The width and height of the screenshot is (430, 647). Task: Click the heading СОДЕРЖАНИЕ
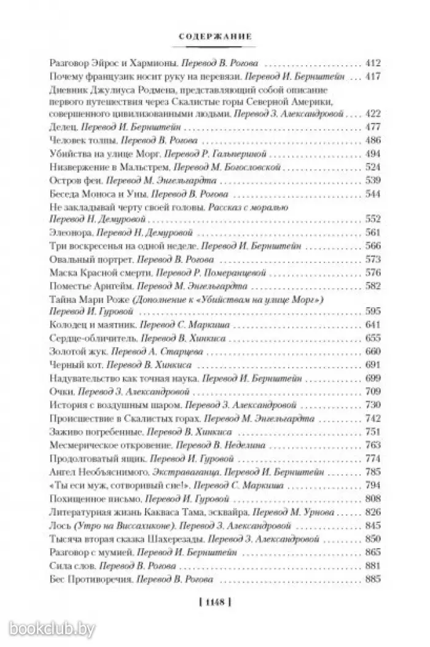pos(214,36)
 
